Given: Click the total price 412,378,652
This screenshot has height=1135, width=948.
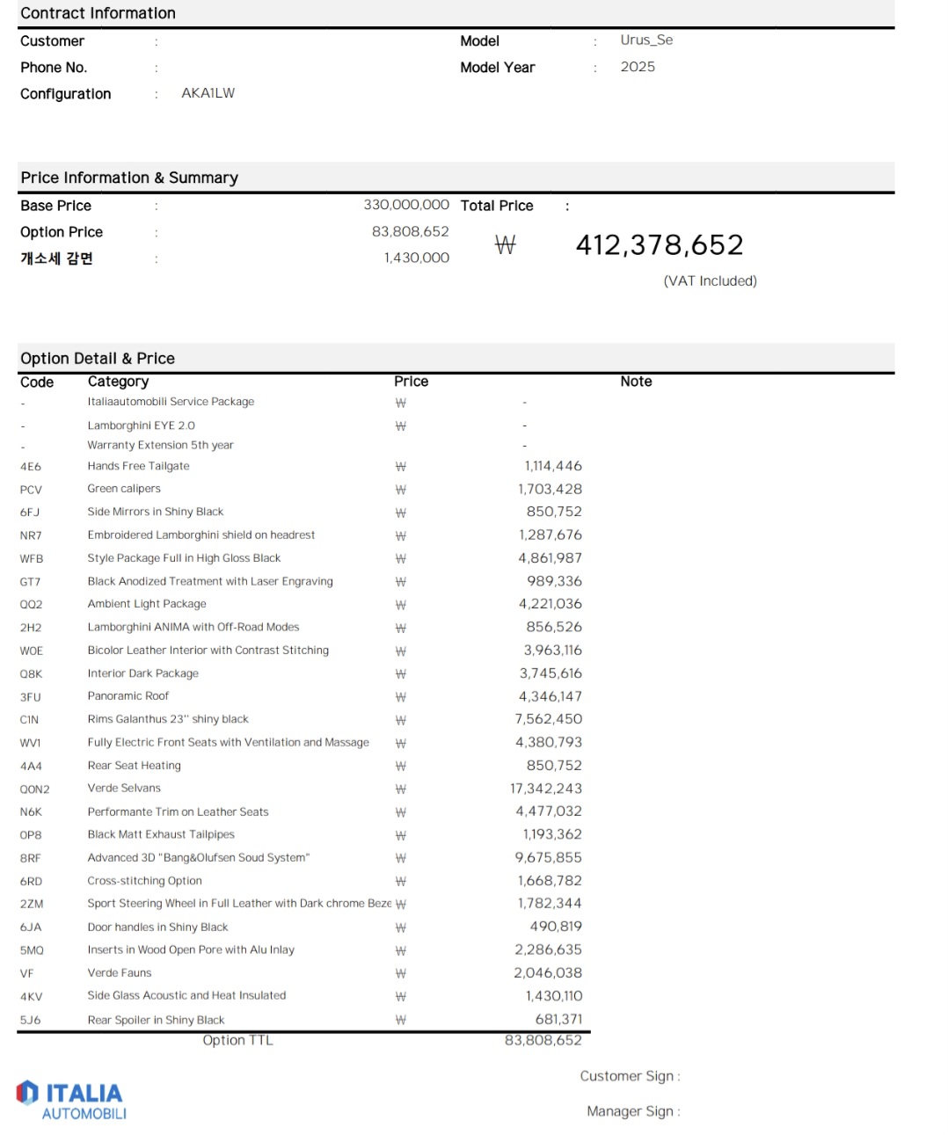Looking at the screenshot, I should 659,245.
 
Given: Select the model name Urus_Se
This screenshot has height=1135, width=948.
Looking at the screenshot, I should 646,40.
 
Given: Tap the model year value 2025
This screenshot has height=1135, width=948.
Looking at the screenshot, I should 638,67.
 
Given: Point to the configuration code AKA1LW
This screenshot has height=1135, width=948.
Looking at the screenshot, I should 208,93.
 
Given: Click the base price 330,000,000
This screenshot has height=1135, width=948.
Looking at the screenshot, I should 406,205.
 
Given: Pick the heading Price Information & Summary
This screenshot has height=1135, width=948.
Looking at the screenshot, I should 129,178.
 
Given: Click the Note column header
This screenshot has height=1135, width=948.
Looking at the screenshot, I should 636,382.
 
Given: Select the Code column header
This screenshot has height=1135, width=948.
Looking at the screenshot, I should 37,382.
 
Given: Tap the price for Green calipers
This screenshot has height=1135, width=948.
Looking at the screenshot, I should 550,489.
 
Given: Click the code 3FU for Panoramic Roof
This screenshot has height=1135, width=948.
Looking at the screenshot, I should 31,697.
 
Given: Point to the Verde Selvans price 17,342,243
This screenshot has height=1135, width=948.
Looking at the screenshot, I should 545,789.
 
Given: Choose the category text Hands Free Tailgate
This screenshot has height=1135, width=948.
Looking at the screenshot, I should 138,466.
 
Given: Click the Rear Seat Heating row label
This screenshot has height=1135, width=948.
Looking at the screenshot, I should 134,766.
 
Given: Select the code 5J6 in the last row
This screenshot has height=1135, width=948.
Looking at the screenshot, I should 31,1021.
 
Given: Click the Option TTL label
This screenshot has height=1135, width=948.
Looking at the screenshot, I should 237,1040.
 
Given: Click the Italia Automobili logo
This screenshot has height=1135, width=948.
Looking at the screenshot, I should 71,1101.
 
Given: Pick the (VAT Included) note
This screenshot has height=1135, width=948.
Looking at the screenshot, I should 710,281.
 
